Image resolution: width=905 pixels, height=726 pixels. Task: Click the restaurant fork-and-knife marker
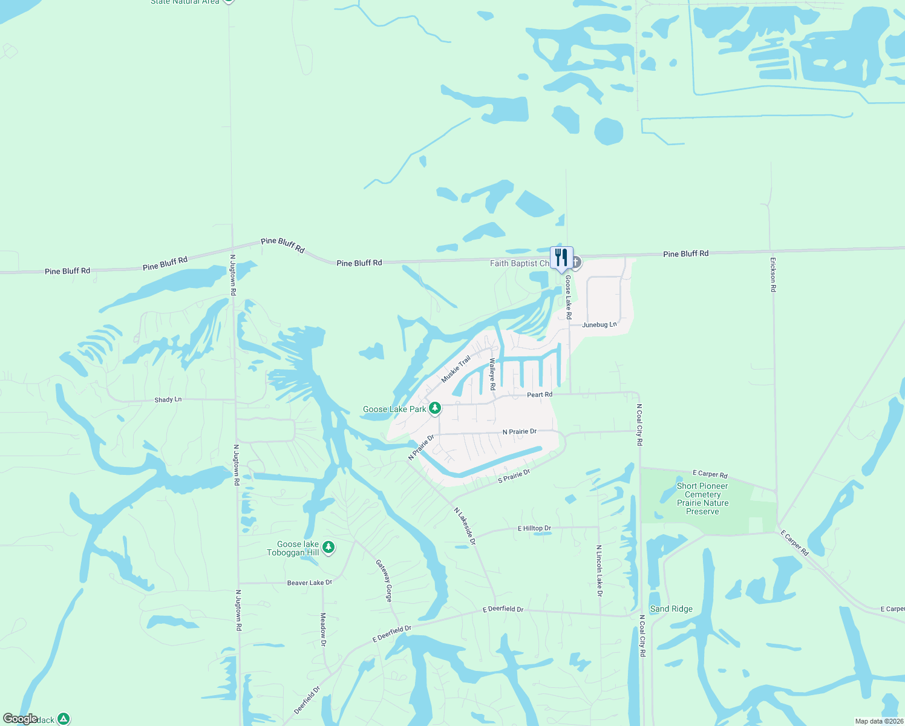561,258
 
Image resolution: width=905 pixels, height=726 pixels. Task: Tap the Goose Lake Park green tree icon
434,409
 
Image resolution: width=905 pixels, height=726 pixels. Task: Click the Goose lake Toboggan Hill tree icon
328,548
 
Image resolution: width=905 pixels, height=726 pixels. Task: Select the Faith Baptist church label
519,263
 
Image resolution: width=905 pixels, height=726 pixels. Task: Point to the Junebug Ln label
600,325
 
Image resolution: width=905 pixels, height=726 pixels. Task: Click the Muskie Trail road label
456,369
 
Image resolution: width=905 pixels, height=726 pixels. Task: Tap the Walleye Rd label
492,374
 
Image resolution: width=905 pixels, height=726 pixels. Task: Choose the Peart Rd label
540,394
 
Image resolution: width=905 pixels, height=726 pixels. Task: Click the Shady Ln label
168,400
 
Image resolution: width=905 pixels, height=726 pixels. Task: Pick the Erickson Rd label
773,275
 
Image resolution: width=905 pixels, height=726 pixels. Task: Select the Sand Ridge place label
671,609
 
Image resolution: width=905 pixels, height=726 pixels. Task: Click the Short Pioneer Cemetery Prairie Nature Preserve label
702,499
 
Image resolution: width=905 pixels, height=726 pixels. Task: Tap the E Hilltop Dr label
534,528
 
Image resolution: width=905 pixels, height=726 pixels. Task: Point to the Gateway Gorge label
385,580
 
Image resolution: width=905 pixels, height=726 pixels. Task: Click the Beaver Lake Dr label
309,583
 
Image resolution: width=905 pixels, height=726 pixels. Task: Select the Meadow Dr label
323,629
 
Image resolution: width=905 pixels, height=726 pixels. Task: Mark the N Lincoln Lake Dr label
599,571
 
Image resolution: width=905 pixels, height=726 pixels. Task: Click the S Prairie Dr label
514,476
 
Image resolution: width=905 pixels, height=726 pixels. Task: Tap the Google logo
20,719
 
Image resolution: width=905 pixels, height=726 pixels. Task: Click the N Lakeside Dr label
465,526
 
